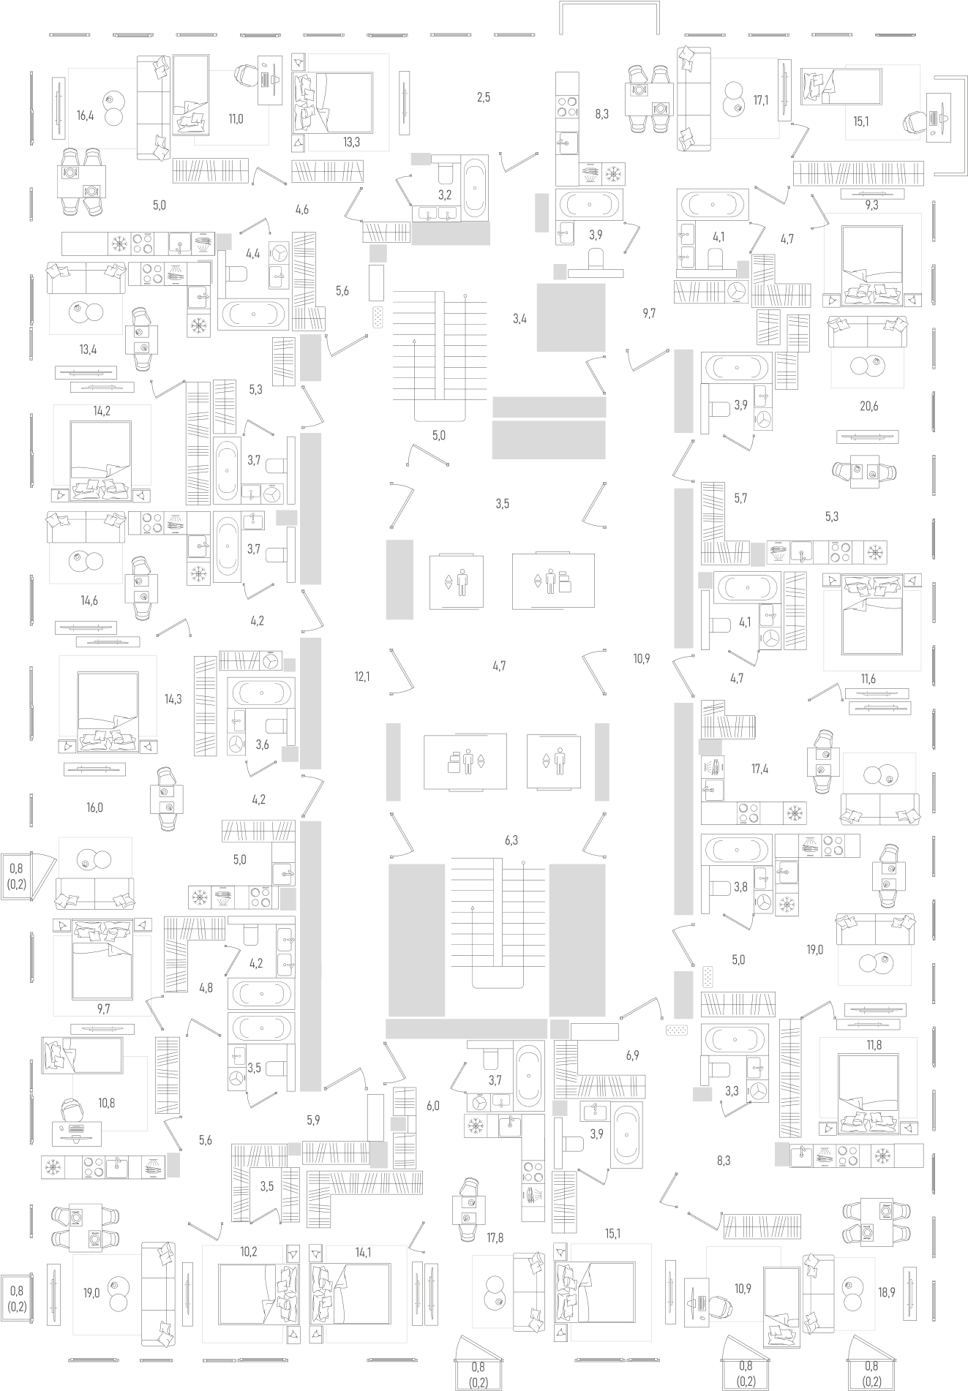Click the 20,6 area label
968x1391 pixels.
click(x=868, y=407)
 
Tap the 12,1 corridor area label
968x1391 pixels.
click(x=362, y=677)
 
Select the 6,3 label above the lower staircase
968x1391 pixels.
click(x=511, y=841)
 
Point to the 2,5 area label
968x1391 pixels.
click(x=483, y=97)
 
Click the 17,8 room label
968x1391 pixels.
click(x=495, y=1238)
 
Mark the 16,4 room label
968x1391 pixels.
click(x=86, y=116)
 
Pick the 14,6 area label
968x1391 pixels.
click(x=89, y=601)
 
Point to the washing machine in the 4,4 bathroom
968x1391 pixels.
click(x=279, y=253)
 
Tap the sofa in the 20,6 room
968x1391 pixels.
click(x=868, y=333)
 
